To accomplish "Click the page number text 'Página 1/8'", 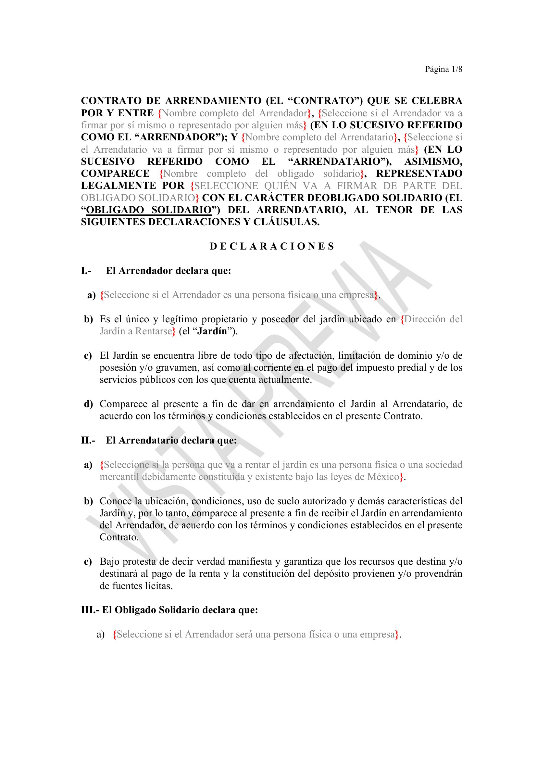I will (443, 69).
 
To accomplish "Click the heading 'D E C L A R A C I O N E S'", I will (272, 246).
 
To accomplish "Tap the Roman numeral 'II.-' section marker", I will (88, 440).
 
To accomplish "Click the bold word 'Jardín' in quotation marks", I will (212, 331).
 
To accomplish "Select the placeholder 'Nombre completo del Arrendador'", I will (235, 113).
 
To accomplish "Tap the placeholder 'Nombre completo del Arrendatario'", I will (319, 137).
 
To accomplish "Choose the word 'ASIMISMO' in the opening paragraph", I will (433, 161).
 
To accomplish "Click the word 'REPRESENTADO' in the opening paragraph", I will (419, 174).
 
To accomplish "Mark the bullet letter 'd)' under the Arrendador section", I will (88, 404).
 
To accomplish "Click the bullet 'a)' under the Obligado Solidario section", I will (101, 634).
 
